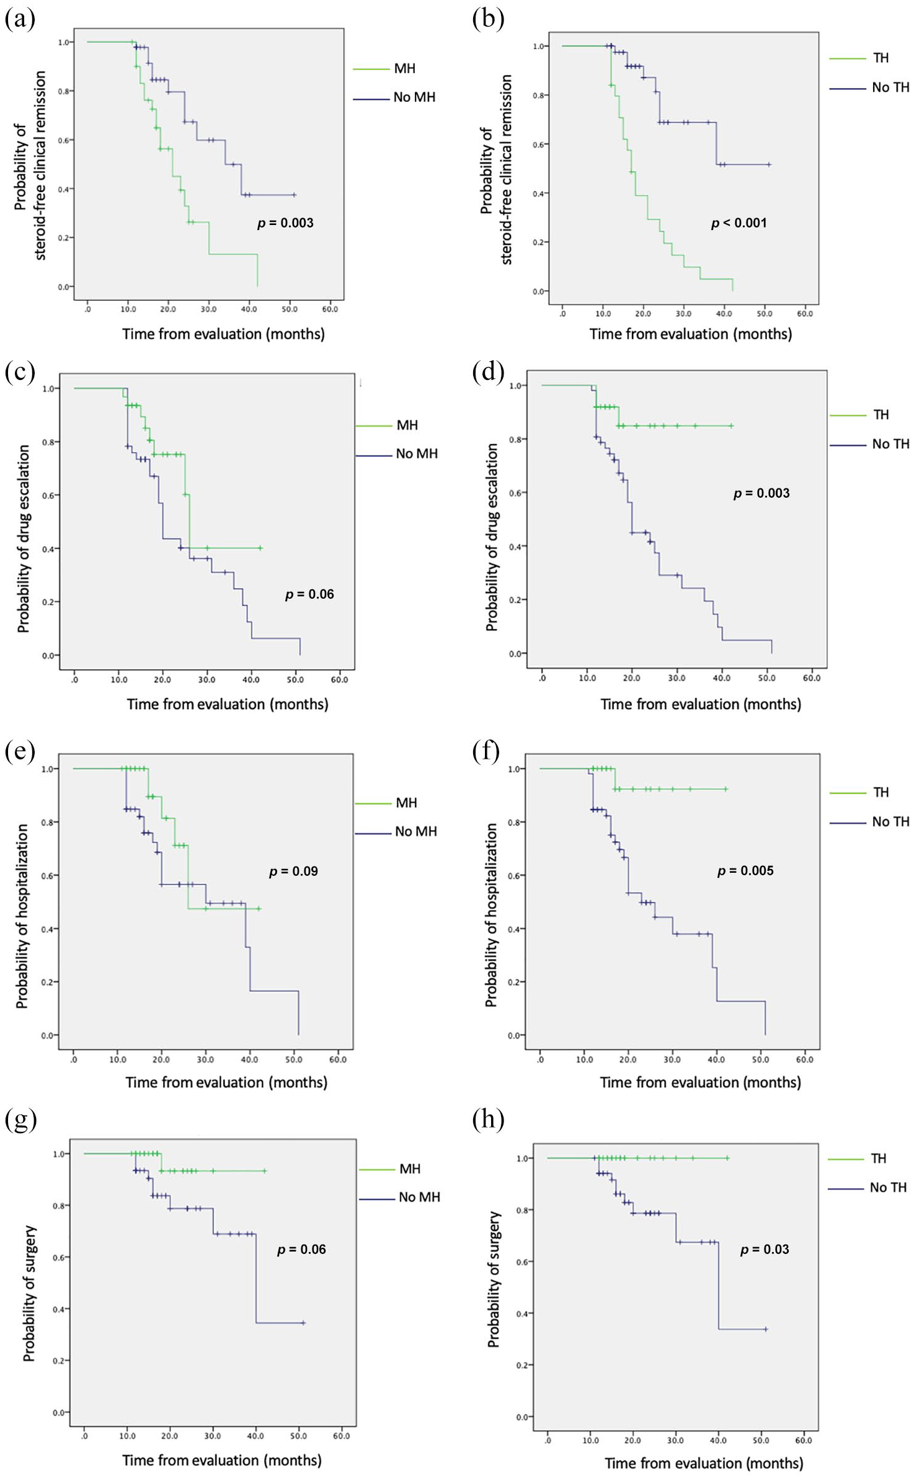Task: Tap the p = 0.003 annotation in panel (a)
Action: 285,223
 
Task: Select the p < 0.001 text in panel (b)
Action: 739,223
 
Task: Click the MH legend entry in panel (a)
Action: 404,69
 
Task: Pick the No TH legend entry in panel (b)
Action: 890,88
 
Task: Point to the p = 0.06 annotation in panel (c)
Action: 309,594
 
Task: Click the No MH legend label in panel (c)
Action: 416,454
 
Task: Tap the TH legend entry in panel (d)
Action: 881,415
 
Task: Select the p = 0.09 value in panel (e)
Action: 293,872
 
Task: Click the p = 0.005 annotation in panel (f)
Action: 745,871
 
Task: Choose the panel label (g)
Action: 20,1119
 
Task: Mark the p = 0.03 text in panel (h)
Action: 765,1250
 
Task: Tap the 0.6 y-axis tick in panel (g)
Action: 59,1258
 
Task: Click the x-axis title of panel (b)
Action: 690,334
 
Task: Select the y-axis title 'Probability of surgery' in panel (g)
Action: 30,1293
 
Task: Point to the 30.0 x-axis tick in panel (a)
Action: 208,309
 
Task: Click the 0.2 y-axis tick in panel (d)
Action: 514,600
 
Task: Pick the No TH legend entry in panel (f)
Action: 890,822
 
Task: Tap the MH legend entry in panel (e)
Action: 406,803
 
